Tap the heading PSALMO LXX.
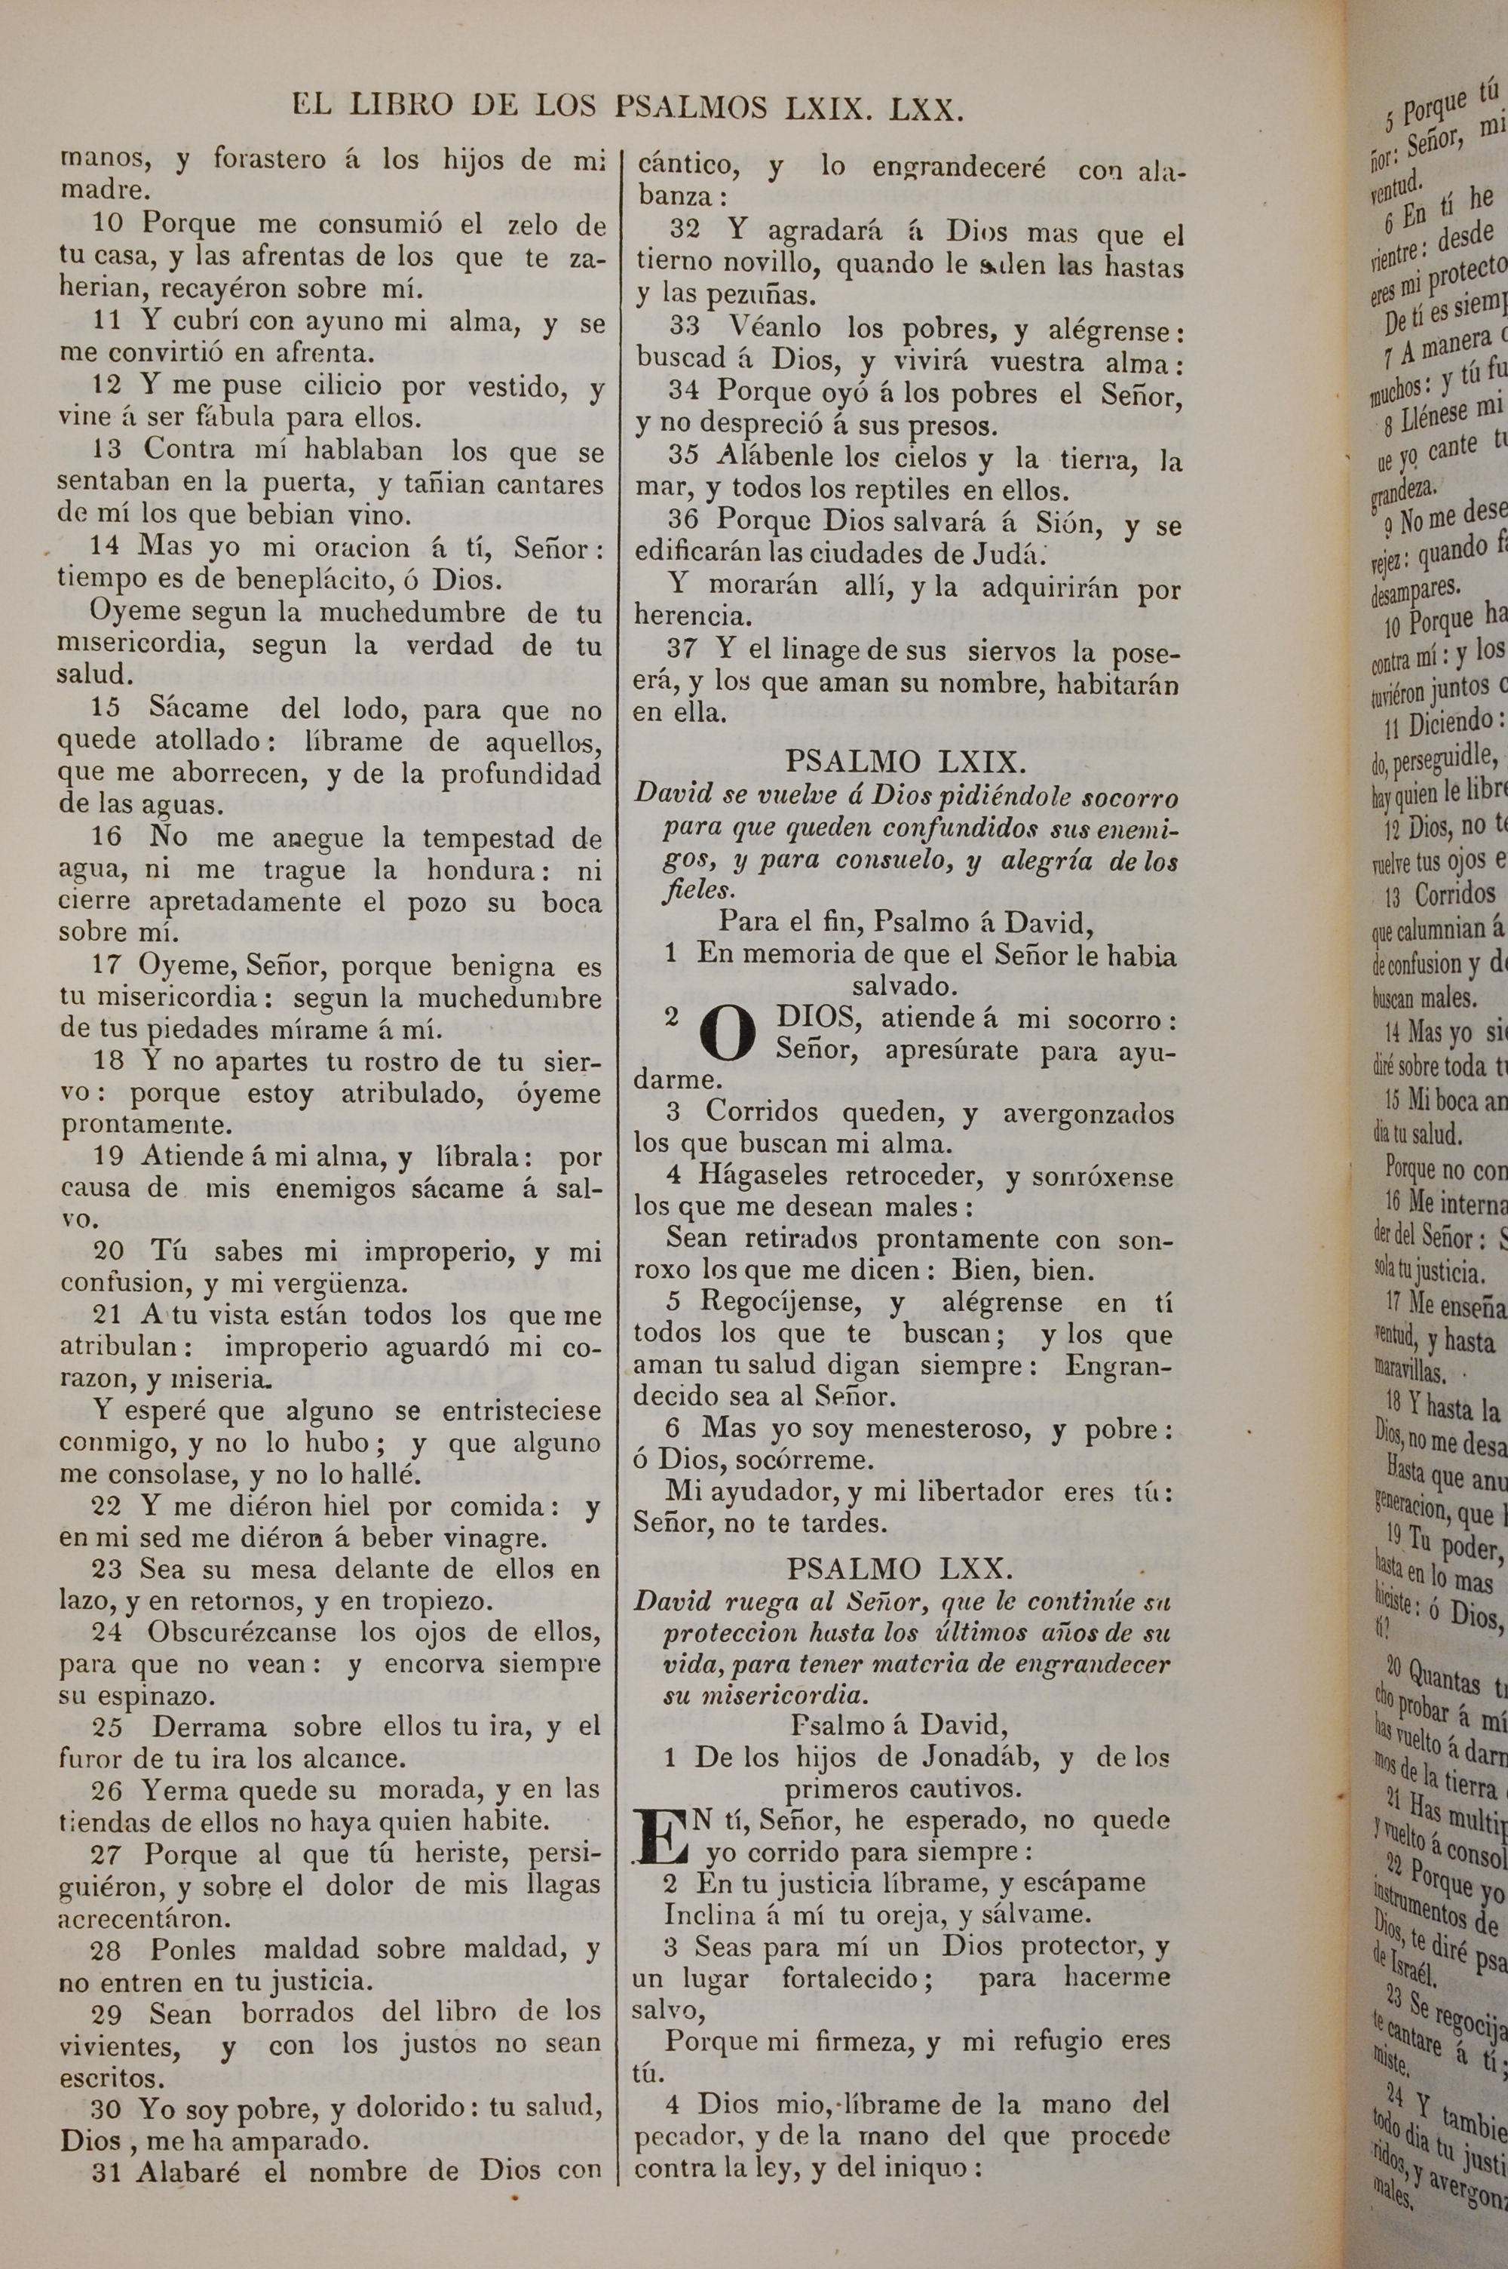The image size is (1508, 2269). point(900,1570)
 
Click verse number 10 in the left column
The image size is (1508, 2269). point(109,225)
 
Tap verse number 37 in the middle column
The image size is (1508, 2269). point(682,650)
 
